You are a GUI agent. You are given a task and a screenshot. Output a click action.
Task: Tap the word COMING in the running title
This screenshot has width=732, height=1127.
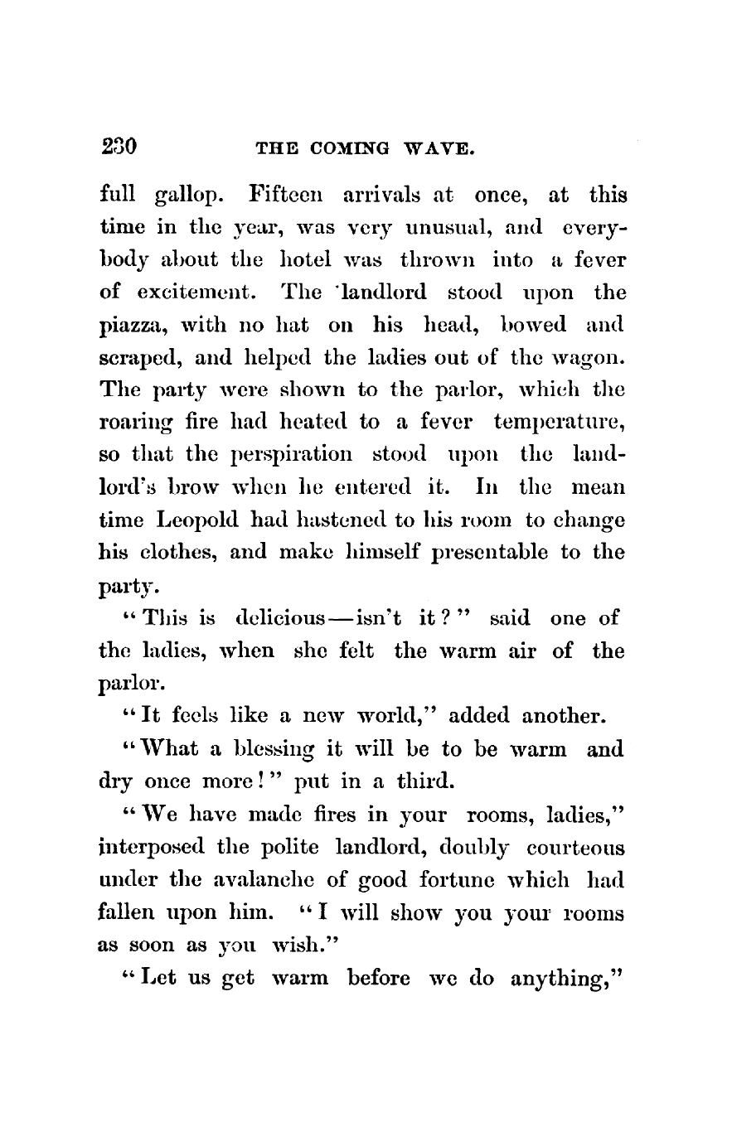point(324,150)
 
